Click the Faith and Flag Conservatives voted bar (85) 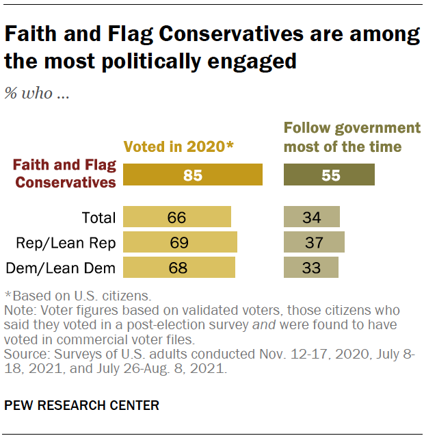pyautogui.click(x=193, y=175)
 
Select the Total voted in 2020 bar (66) pyautogui.click(x=177, y=218)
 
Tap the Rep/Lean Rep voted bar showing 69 pyautogui.click(x=180, y=242)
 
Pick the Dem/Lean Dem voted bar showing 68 pyautogui.click(x=178, y=267)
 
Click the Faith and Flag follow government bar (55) pyautogui.click(x=329, y=175)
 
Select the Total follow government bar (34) pyautogui.click(x=311, y=218)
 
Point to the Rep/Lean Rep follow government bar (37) pyautogui.click(x=314, y=242)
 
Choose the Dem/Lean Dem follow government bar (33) pyautogui.click(x=310, y=267)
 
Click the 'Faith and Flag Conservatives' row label pyautogui.click(x=66, y=175)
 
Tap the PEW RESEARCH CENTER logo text pyautogui.click(x=81, y=405)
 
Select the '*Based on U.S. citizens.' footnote pyautogui.click(x=77, y=296)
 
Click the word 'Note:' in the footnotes pyautogui.click(x=21, y=309)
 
